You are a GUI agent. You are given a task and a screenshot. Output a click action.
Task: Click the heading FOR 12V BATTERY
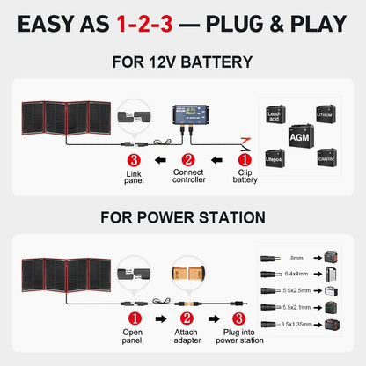[x=182, y=62]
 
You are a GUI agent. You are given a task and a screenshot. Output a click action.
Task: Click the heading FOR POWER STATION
[x=182, y=217]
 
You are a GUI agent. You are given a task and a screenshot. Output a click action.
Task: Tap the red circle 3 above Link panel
[x=134, y=161]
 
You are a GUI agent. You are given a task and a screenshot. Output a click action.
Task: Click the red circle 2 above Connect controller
[x=188, y=161]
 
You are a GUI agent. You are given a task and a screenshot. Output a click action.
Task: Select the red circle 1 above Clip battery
[x=245, y=161]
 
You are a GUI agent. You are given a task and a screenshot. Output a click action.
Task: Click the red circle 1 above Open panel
[x=133, y=318]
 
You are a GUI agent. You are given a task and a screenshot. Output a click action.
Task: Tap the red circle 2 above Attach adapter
[x=187, y=318]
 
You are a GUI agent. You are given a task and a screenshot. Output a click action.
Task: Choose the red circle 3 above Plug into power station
[x=238, y=318]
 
